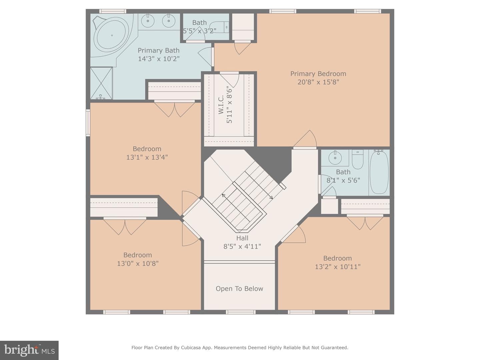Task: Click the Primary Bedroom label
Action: point(318,74)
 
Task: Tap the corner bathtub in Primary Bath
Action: point(112,36)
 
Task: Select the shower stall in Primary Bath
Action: point(101,83)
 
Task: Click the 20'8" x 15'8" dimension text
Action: point(318,82)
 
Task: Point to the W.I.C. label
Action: point(221,104)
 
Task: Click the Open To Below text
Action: point(239,289)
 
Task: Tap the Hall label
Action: point(242,238)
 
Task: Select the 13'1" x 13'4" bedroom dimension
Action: point(147,157)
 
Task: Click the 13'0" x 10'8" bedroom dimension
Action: point(138,264)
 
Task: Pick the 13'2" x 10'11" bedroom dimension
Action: point(338,267)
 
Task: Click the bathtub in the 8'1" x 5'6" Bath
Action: point(379,173)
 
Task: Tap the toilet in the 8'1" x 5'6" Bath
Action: point(358,160)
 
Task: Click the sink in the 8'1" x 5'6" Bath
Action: point(335,157)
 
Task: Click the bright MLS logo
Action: point(29,350)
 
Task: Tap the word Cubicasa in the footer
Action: point(190,348)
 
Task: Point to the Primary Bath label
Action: point(159,51)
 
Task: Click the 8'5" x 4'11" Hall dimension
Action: point(242,247)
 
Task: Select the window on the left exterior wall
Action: point(88,123)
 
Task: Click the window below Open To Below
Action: point(241,312)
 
